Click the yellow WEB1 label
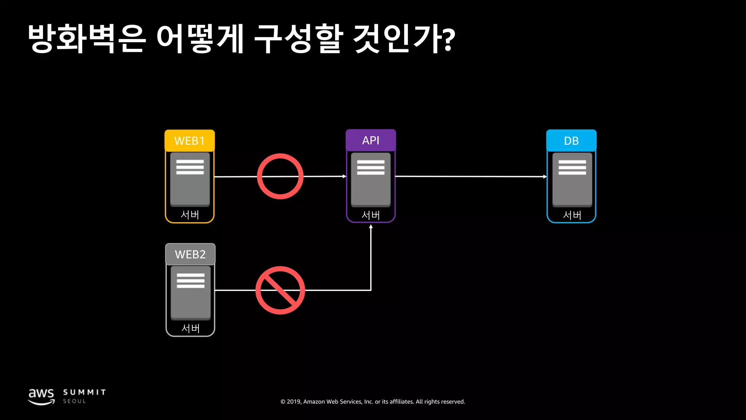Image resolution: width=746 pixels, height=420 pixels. click(189, 141)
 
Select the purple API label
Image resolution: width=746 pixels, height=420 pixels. click(370, 140)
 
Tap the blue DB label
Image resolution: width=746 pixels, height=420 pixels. click(571, 141)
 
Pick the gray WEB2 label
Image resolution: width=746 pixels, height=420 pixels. click(190, 254)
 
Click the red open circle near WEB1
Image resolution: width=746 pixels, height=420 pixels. click(280, 176)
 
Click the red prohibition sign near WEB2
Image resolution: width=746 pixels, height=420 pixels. click(280, 290)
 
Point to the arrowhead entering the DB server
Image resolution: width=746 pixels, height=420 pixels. click(545, 177)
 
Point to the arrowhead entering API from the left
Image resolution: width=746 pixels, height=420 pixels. click(344, 176)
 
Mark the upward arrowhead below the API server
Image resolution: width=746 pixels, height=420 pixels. click(371, 227)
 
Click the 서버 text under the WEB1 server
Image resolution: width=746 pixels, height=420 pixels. click(190, 215)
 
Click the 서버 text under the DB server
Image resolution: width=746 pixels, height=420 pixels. click(572, 215)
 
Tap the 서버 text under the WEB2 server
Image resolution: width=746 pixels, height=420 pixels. click(191, 328)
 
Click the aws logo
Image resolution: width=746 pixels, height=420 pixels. click(42, 396)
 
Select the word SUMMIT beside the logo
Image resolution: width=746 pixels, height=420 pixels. click(85, 392)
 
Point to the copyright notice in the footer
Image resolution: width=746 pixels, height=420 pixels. click(373, 402)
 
